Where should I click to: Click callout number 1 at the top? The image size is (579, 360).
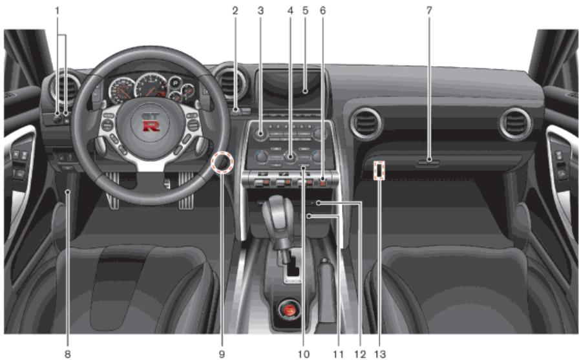57,10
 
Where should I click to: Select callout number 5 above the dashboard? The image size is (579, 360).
305,10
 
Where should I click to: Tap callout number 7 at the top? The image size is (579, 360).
429,10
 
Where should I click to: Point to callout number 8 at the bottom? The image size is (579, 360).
67,354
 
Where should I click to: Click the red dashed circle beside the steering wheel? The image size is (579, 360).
222,163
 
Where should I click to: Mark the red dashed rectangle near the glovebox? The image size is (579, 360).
379,170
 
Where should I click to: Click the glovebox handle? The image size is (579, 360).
428,162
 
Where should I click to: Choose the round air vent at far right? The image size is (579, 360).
515,123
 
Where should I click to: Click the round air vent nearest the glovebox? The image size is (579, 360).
366,123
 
